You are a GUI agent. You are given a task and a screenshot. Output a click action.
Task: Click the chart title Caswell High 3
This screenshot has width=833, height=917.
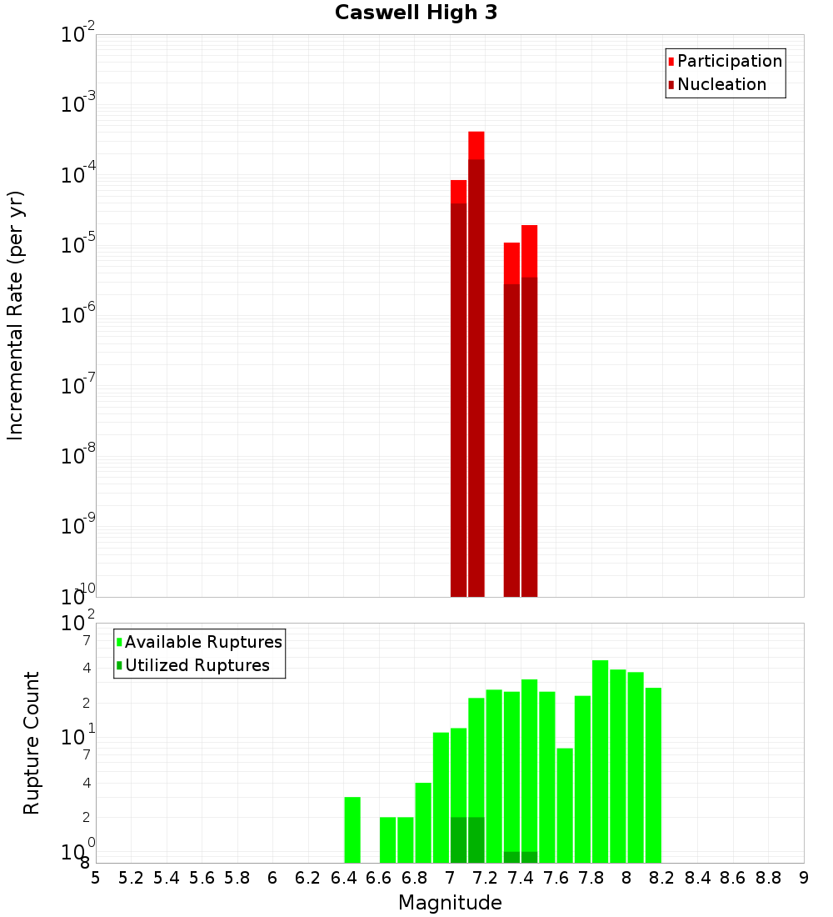point(416,13)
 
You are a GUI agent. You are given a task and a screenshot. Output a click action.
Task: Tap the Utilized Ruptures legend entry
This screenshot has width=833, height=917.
point(197,665)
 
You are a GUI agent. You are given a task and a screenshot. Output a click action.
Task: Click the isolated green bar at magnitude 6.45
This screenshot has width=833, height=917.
point(352,829)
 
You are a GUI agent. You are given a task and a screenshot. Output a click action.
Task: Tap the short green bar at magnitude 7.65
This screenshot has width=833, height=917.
point(565,804)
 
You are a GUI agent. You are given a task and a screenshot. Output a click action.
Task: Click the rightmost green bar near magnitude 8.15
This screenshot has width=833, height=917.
point(653,774)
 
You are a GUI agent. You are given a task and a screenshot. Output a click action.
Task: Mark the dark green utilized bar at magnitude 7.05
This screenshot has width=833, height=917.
point(458,839)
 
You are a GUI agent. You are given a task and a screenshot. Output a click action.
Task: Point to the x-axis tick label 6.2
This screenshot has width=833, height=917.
point(308,878)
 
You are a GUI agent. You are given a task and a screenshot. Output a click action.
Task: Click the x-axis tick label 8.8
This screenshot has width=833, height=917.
point(768,878)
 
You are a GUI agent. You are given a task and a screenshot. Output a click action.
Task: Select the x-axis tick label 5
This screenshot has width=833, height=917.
point(96,878)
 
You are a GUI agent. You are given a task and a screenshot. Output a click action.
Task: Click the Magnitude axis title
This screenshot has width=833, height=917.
point(450,903)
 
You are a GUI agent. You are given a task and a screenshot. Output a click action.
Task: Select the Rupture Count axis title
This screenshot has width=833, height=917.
point(32,743)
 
